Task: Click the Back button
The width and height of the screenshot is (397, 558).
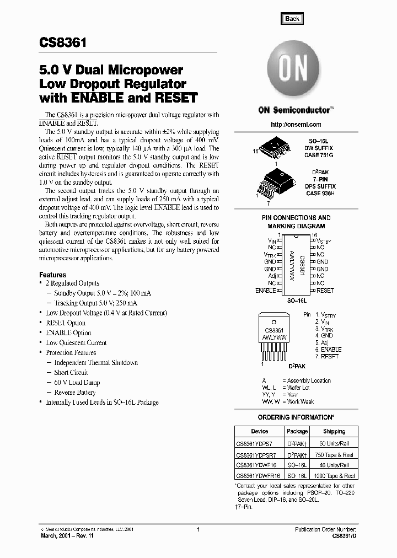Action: point(292,18)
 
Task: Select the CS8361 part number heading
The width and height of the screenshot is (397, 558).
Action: point(61,42)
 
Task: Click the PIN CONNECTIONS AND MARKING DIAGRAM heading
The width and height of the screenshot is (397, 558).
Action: point(296,222)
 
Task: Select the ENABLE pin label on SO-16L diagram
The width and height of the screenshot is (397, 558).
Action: point(265,290)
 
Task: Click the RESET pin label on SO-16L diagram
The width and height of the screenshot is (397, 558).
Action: point(325,290)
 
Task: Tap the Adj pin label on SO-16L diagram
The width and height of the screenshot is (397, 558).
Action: point(272,276)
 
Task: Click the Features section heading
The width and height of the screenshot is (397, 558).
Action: point(52,275)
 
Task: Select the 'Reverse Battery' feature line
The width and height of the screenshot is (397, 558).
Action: point(74,393)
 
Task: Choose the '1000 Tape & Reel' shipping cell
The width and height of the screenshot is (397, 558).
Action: point(334,475)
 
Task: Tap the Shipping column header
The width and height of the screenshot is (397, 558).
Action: point(334,431)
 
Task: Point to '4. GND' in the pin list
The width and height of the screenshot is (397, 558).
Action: point(324,335)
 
